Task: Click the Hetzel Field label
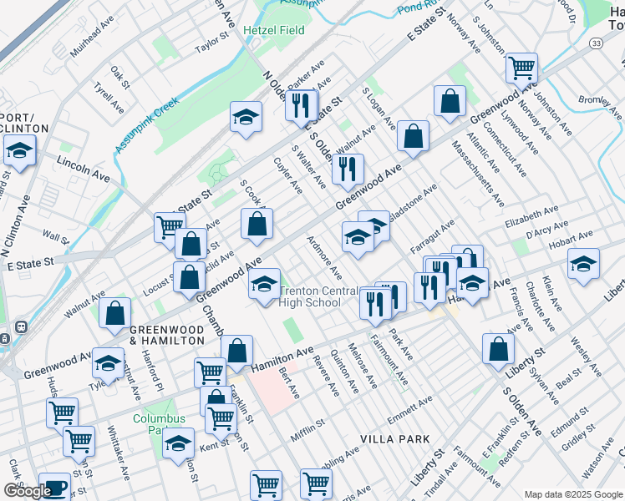(x=273, y=30)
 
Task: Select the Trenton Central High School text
(x=310, y=296)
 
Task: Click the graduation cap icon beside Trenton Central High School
(x=265, y=286)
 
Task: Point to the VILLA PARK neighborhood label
(x=395, y=438)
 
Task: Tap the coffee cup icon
(x=55, y=487)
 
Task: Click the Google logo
(x=28, y=491)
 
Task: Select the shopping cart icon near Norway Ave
(x=521, y=67)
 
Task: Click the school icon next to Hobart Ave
(x=582, y=265)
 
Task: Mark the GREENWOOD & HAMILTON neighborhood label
(x=166, y=336)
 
